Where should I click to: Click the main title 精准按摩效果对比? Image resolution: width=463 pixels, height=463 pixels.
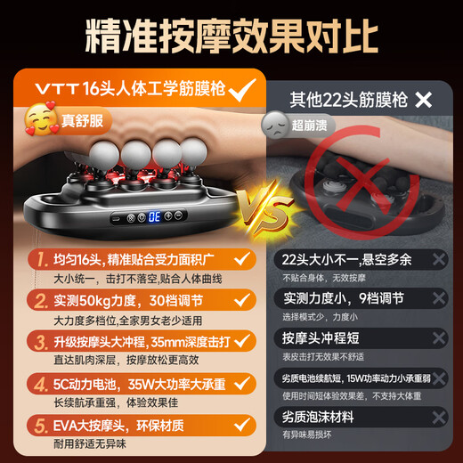pyautogui.click(x=231, y=37)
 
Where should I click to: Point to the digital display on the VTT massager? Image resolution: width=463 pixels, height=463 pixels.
pyautogui.click(x=153, y=215)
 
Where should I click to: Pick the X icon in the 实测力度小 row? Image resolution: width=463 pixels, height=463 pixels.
pyautogui.click(x=438, y=299)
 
